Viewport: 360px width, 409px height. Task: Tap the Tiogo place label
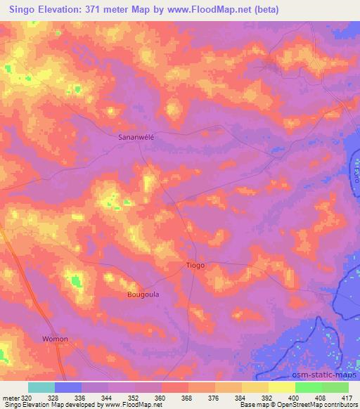tap(195, 266)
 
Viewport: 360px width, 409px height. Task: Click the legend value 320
tap(25, 397)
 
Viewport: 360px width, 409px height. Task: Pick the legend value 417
tap(347, 397)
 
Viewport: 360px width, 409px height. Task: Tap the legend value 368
tap(187, 397)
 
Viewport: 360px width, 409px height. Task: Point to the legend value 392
tap(267, 397)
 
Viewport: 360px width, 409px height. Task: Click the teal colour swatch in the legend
tap(41, 387)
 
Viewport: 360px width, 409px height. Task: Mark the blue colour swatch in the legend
tap(68, 387)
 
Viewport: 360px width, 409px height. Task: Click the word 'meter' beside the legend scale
tap(10, 397)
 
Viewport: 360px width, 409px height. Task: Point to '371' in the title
tap(100, 10)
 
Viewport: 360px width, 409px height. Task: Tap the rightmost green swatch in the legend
tap(335, 387)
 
